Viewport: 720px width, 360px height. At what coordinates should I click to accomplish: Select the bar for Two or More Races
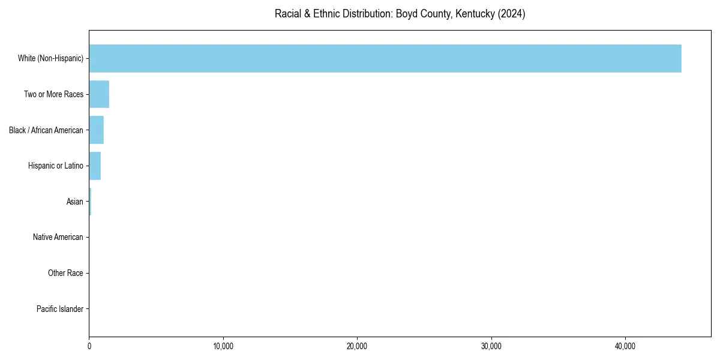tap(99, 94)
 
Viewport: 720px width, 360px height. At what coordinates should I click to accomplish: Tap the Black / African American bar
tap(96, 130)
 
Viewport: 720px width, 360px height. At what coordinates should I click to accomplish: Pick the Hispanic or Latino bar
tap(95, 166)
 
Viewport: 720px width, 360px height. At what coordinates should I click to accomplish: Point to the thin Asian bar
tap(90, 202)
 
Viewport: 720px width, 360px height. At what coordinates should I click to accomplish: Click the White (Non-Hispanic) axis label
tap(50, 58)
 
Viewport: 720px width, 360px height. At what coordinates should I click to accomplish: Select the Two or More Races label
tap(53, 94)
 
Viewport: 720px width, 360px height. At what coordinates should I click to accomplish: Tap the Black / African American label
tap(46, 130)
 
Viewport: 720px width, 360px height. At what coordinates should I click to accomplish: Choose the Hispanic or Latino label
tap(55, 166)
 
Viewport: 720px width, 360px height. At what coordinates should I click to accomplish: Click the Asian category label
tap(75, 202)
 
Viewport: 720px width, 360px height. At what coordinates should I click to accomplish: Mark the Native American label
tap(58, 238)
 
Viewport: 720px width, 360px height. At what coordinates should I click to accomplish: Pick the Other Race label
tap(65, 273)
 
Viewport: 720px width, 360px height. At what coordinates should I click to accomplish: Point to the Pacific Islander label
tap(59, 309)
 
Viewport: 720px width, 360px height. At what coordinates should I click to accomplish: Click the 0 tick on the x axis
tap(89, 346)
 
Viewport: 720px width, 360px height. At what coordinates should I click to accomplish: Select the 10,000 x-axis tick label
tap(223, 346)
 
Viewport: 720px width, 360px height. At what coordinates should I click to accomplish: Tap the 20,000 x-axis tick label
tap(357, 346)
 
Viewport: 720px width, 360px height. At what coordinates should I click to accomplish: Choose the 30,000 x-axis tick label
tap(491, 346)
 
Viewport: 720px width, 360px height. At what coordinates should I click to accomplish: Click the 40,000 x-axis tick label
tap(625, 346)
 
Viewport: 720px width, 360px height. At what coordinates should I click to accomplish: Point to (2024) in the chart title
tap(511, 14)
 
